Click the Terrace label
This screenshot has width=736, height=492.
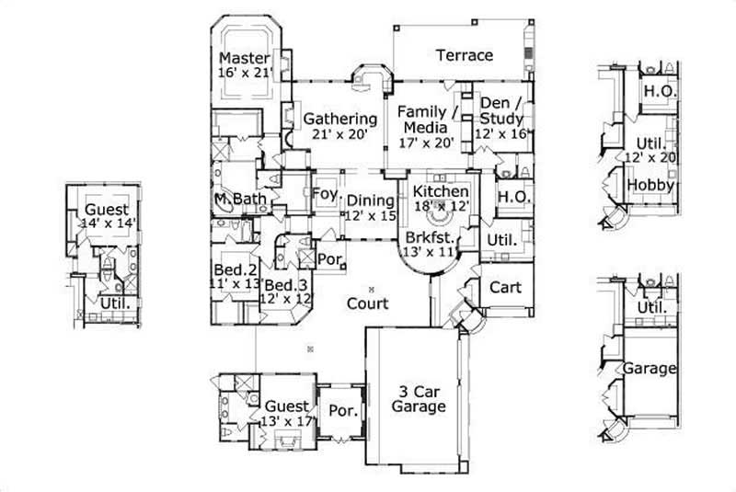[464, 55]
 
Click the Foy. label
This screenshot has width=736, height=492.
[325, 195]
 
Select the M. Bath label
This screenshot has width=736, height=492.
[233, 200]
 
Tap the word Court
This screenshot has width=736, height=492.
[367, 303]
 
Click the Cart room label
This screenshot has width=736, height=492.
[504, 287]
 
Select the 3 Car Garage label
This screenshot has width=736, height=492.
[419, 398]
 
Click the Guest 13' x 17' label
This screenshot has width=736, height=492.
[287, 412]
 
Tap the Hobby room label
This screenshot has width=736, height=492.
[651, 185]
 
